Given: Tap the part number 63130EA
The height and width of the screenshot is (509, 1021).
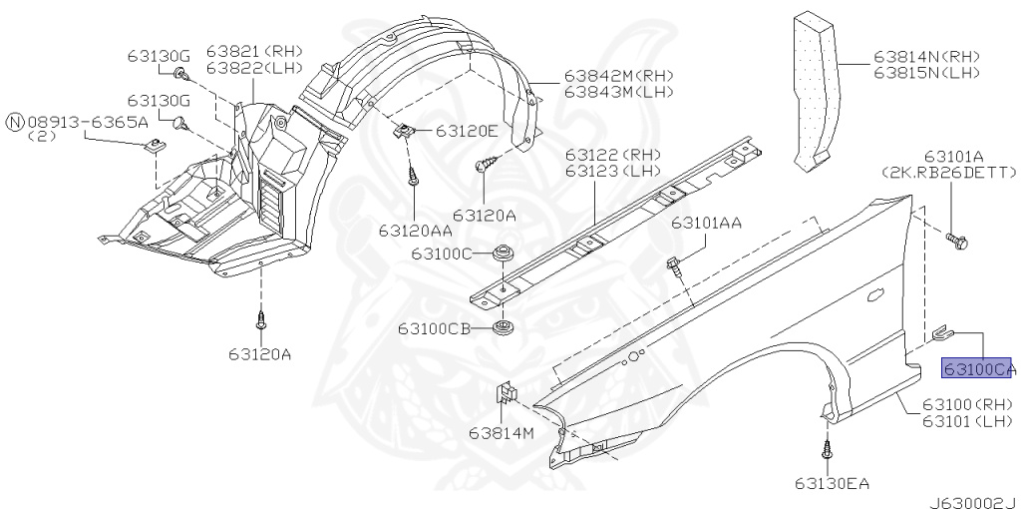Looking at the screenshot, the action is (x=832, y=483).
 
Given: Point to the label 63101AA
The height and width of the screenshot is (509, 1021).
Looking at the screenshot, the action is (x=707, y=223).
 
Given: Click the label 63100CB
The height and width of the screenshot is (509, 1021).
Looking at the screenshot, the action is (x=435, y=328).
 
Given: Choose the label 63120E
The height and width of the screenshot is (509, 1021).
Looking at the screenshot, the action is (x=467, y=131).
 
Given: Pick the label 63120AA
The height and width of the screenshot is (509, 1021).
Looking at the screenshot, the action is (x=416, y=231).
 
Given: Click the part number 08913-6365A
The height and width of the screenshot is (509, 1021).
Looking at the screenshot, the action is (x=88, y=122).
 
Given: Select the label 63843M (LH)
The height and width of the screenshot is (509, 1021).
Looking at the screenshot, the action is (x=618, y=92).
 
